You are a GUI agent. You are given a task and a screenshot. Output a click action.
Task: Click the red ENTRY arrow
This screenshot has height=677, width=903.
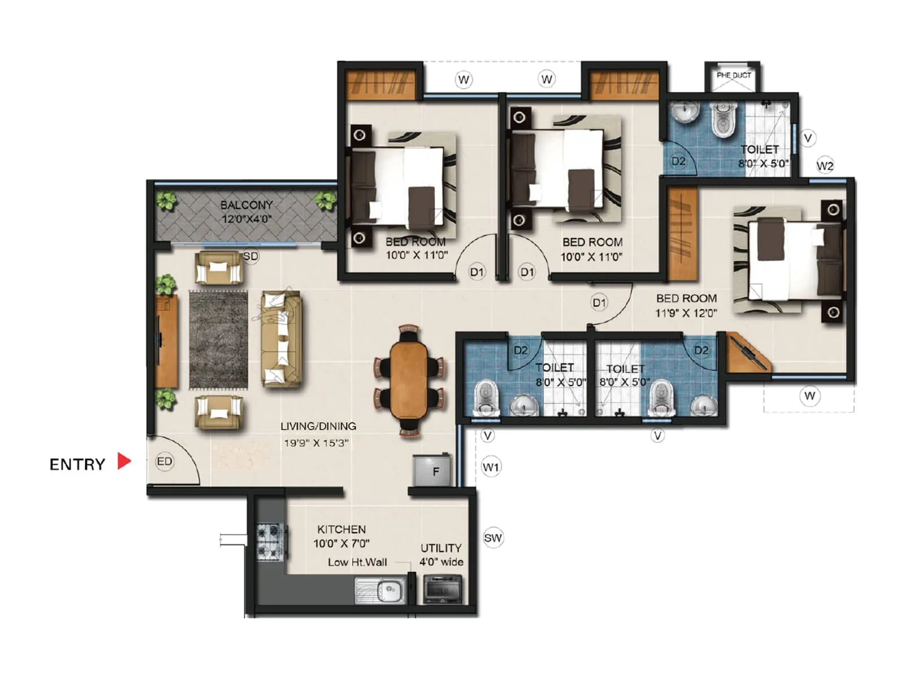[124, 461]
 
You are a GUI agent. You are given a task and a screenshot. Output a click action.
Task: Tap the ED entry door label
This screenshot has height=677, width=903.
[164, 461]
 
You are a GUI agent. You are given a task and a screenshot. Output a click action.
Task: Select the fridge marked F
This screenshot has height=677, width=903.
[433, 471]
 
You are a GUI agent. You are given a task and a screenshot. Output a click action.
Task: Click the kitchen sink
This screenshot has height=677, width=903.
[381, 590]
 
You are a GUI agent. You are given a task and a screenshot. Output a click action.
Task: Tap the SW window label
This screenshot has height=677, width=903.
[493, 538]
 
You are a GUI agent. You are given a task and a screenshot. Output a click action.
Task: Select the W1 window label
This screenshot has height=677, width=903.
[491, 467]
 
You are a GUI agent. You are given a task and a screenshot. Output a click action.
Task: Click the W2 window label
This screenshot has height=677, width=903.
[825, 166]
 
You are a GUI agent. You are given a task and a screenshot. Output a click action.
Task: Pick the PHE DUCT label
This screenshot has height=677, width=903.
[733, 75]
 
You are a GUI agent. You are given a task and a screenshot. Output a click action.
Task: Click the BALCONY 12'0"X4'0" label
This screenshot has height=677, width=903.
[246, 212]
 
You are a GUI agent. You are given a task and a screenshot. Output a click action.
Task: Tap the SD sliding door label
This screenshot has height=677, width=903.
[251, 257]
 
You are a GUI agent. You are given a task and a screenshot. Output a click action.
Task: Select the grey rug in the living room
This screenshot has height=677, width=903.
[218, 340]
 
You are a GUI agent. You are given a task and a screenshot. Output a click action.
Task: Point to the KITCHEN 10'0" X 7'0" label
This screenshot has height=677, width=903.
[341, 536]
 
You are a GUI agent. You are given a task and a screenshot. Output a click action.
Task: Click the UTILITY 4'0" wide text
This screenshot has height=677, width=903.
[441, 555]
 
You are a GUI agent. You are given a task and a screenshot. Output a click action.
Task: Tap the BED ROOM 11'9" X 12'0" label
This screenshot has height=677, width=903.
[686, 305]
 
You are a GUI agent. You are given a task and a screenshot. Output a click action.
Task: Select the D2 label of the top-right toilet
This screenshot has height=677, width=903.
[678, 161]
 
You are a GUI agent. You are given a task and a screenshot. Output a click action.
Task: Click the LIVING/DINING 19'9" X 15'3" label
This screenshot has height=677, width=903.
[318, 434]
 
